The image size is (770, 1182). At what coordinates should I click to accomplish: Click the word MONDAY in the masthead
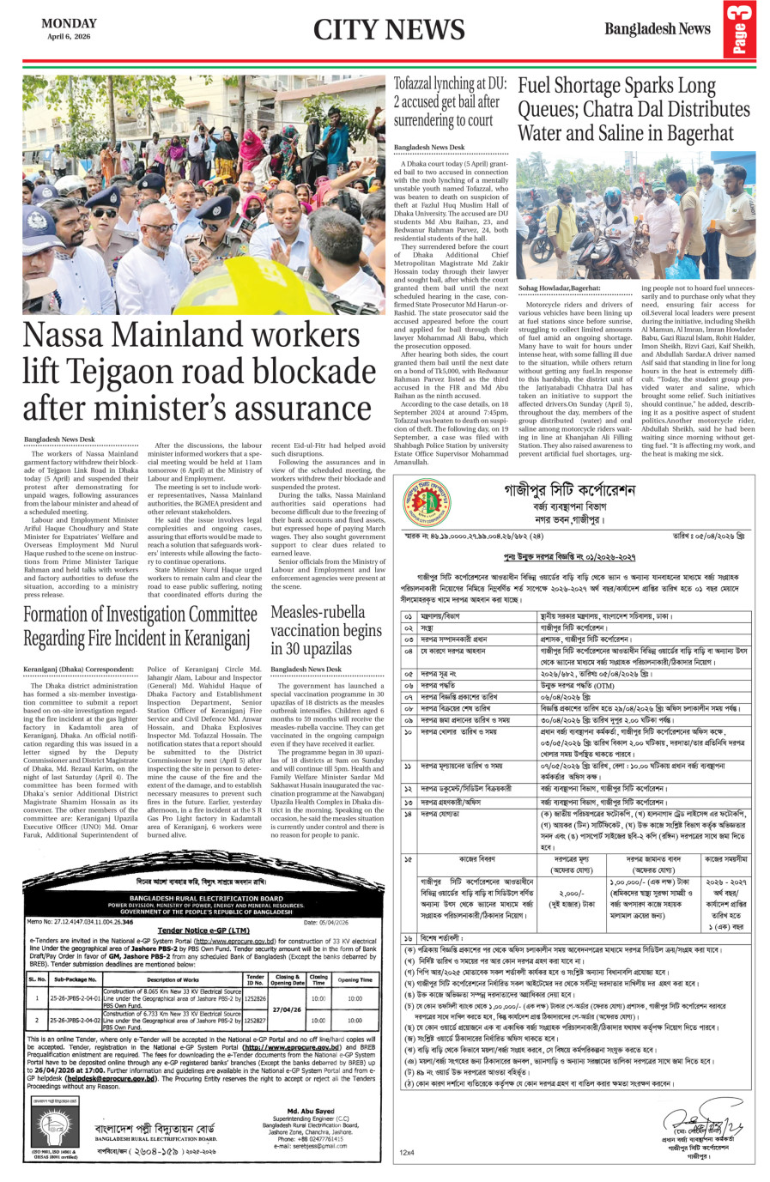tap(69, 23)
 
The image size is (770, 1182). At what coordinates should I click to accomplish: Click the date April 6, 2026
tap(69, 37)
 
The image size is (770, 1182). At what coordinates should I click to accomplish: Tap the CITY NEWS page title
tap(388, 29)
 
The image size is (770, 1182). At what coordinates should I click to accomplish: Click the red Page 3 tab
tap(740, 30)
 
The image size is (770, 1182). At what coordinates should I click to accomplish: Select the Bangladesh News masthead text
tap(658, 29)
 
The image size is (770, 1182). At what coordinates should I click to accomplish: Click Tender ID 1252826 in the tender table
tap(255, 999)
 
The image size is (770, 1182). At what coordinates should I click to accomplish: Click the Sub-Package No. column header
tap(76, 979)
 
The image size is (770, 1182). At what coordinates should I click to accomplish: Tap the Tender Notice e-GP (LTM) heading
tap(203, 930)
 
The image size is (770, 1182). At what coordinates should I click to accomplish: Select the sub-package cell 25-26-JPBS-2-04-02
tap(76, 1021)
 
